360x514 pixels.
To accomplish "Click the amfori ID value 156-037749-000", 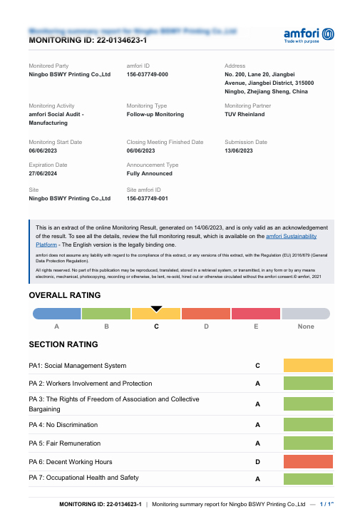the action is [x=148, y=74].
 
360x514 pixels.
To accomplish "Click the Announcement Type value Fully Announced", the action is [x=150, y=173].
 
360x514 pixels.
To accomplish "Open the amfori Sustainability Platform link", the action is [x=291, y=235].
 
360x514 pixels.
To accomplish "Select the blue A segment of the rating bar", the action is [x=57, y=313].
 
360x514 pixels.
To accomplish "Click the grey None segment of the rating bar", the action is [x=306, y=313].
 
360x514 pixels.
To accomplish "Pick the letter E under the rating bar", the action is [x=256, y=327].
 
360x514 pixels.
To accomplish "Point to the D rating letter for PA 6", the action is [x=257, y=461].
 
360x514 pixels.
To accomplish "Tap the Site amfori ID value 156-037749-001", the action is [x=148, y=198].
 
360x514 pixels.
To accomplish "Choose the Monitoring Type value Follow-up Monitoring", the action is [x=155, y=114].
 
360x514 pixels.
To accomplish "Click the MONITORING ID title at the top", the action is [x=88, y=41].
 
